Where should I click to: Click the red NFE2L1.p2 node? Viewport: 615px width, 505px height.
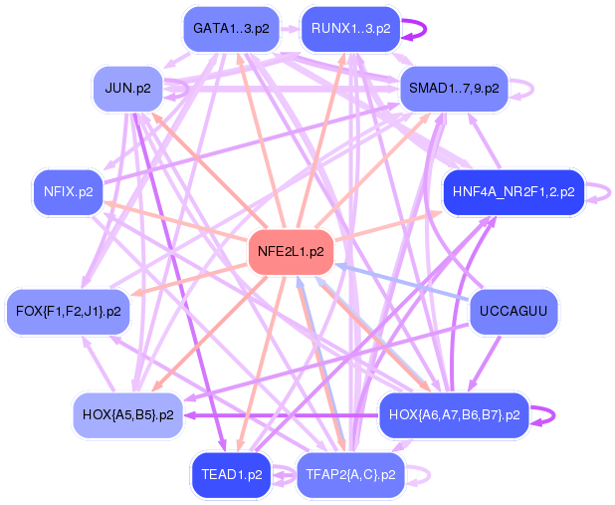click(291, 252)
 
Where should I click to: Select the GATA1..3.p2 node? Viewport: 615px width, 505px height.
click(231, 29)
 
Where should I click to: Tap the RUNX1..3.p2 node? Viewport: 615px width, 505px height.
click(350, 29)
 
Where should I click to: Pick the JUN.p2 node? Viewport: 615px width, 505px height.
click(127, 89)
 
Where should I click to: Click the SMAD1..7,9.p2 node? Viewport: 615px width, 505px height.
click(454, 89)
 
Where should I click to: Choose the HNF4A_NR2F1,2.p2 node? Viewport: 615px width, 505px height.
click(512, 191)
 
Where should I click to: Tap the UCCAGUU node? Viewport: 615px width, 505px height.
click(512, 312)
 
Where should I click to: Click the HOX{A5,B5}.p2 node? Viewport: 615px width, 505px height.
click(127, 413)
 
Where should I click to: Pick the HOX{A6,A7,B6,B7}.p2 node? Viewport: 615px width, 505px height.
click(454, 414)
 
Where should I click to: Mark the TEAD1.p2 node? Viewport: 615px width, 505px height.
click(231, 475)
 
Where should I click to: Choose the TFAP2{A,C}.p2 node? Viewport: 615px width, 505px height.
click(350, 475)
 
